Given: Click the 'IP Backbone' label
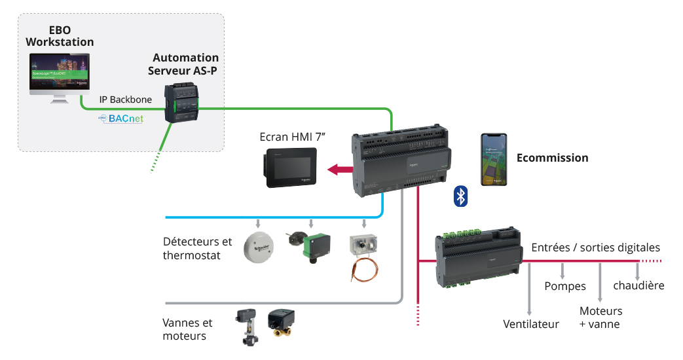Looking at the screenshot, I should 126,100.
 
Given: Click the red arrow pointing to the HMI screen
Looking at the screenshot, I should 341,170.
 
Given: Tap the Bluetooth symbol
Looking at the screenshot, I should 461,195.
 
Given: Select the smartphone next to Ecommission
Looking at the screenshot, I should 494,160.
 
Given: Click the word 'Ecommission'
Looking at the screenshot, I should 552,158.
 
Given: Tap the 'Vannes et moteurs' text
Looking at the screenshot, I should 187,329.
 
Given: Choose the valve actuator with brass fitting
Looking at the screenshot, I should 281,324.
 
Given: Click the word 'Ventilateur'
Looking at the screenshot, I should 531,325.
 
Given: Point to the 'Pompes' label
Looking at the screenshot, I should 565,287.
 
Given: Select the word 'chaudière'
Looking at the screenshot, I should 638,285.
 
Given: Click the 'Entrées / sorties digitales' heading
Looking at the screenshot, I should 595,247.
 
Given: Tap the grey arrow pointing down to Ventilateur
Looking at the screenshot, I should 529,289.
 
